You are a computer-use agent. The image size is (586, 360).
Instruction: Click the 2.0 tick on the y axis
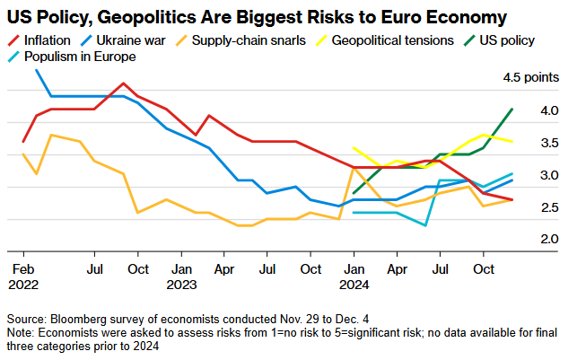coord(550,240)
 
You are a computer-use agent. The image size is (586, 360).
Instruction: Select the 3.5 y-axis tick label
coord(550,143)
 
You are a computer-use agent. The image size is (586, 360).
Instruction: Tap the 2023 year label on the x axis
coord(181,284)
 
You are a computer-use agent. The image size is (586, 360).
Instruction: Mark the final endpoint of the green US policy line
coord(512,109)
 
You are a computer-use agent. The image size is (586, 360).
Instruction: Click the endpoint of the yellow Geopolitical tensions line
coord(512,141)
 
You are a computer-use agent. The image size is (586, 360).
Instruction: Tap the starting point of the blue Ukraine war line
coord(37,69)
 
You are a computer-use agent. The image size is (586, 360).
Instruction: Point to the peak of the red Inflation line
coord(124,83)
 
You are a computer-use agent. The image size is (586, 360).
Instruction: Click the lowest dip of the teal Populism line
coord(424,225)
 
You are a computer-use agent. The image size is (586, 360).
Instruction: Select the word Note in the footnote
coord(20,333)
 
